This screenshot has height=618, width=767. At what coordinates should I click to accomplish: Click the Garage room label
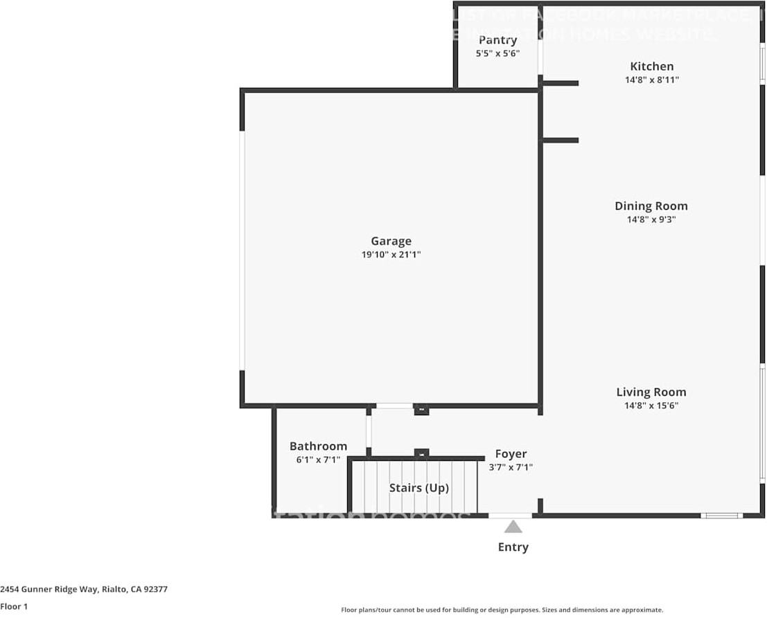point(391,241)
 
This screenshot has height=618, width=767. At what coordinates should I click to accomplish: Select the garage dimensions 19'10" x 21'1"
point(391,255)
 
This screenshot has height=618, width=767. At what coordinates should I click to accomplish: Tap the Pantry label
point(497,40)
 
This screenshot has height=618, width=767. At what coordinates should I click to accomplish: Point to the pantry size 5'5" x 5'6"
point(497,53)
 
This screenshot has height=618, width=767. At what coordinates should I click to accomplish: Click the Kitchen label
point(651,66)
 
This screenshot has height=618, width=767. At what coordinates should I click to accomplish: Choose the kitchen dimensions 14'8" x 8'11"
point(651,80)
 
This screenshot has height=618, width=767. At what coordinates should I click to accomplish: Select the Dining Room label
point(651,206)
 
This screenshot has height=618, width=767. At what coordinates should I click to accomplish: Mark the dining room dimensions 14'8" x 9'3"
point(651,219)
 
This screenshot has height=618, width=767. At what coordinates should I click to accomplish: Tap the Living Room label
point(651,392)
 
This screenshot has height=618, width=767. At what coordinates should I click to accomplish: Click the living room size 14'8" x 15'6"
point(651,406)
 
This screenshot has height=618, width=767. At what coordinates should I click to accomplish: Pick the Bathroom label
point(318,446)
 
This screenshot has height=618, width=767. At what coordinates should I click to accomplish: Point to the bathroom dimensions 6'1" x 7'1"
point(318,460)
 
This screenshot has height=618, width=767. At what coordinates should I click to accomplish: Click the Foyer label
point(511,454)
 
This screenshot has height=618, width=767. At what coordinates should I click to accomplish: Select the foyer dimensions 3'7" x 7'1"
point(511,467)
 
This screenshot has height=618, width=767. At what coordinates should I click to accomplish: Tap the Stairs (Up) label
point(418,488)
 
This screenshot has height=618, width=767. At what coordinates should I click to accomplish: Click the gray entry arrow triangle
point(513,527)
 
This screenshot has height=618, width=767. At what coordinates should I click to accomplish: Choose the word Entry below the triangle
point(513,547)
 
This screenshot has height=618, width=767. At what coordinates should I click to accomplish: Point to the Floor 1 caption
point(15,606)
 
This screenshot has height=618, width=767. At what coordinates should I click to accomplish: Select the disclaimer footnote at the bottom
point(502,610)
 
